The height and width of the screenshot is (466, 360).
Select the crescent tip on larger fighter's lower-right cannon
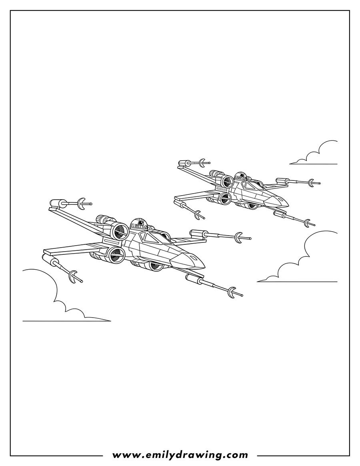[231, 292]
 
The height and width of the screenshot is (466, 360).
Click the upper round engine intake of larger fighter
[119, 232]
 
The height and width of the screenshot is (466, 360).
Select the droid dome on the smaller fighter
[240, 176]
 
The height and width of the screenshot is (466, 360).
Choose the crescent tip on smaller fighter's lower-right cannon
[307, 222]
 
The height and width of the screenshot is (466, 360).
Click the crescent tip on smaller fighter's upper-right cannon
[310, 183]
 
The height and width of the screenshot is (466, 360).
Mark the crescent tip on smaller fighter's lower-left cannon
[197, 214]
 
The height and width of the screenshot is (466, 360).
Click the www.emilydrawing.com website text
[180, 455]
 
